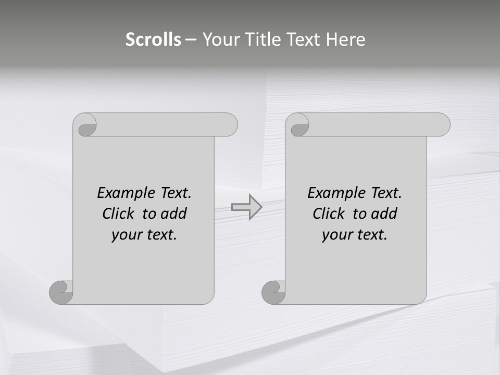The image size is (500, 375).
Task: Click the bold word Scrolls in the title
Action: (x=153, y=40)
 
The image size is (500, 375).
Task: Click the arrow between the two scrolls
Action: (x=246, y=207)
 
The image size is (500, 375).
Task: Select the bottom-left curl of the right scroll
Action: (x=274, y=293)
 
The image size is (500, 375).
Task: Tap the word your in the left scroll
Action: (x=125, y=235)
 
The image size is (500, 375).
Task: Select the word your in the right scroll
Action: (x=335, y=235)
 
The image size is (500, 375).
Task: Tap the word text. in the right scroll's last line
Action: (x=372, y=235)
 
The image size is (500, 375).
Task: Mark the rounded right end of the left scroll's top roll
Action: (x=229, y=124)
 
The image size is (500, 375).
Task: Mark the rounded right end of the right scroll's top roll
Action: (x=442, y=124)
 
